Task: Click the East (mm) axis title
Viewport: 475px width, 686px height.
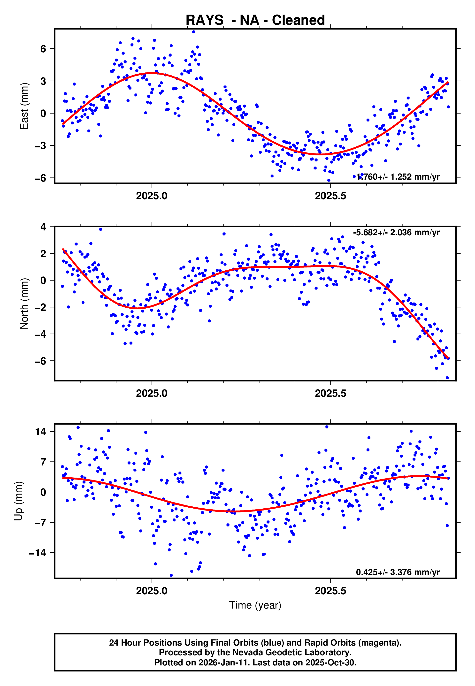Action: (24, 106)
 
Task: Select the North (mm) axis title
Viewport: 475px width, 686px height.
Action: (24, 304)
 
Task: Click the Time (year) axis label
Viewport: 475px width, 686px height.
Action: (255, 605)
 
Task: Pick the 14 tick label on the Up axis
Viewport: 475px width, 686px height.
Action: (40, 432)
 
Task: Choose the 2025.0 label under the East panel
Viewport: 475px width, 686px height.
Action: (152, 196)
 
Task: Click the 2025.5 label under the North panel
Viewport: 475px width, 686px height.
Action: (330, 394)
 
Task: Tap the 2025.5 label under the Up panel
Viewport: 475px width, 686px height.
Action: (330, 591)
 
